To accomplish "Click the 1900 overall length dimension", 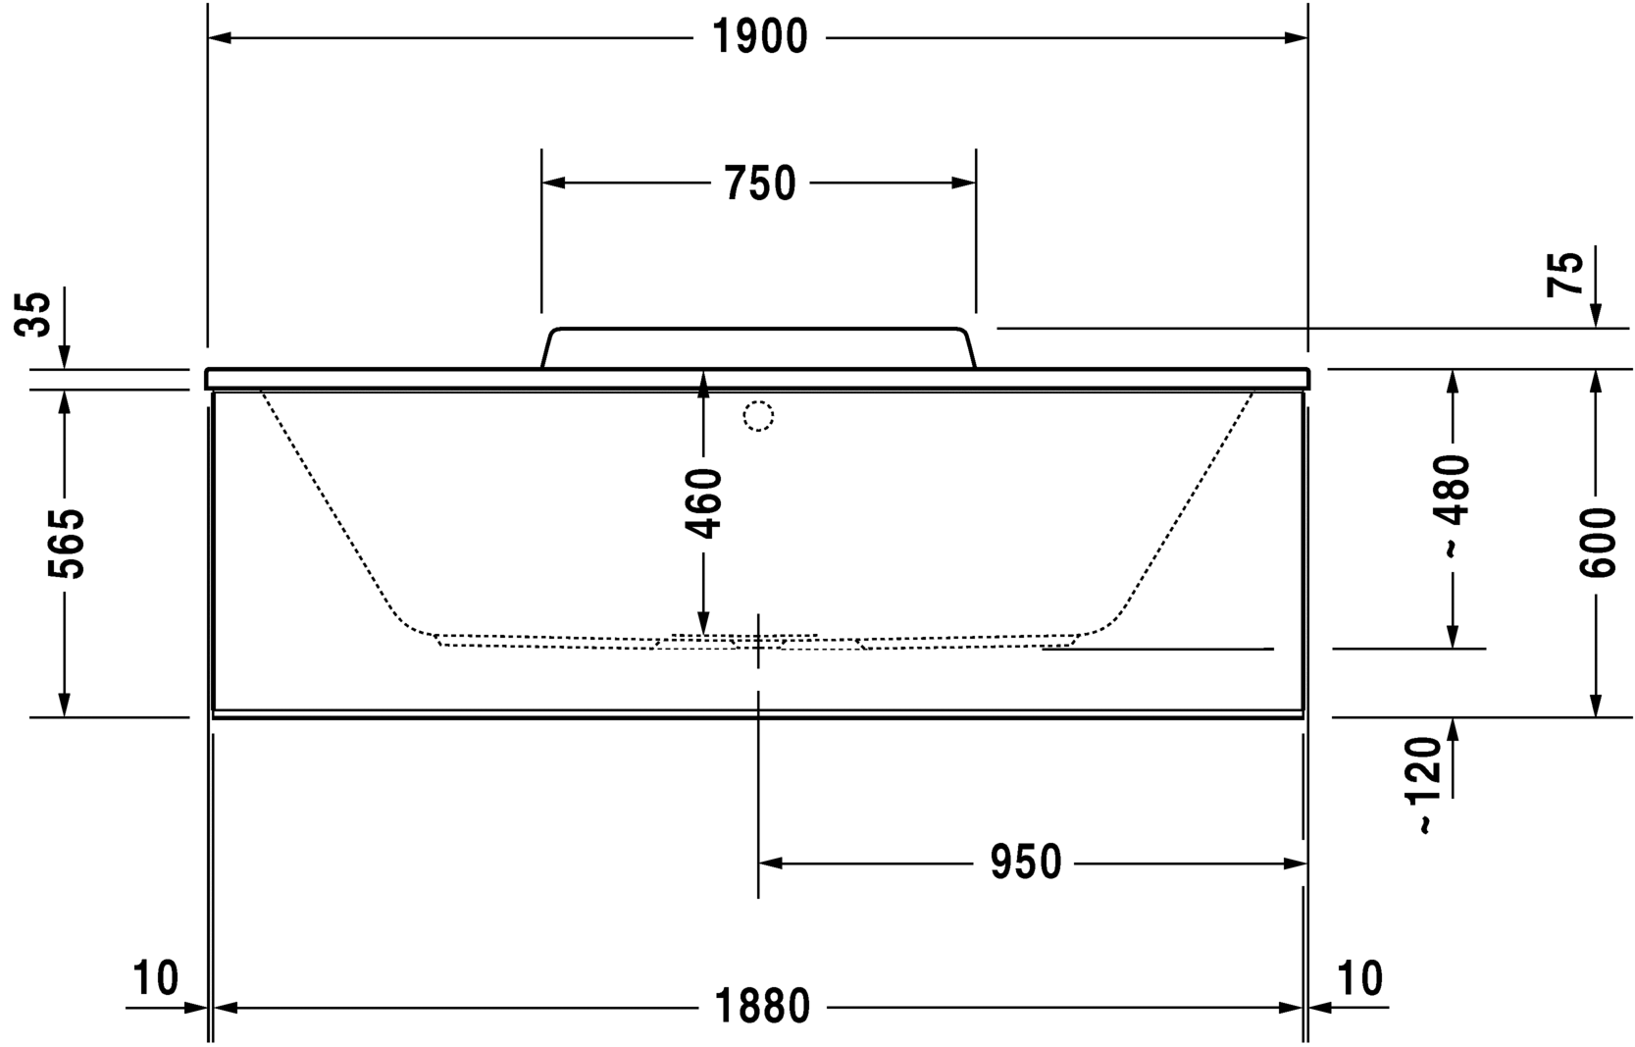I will pos(759,37).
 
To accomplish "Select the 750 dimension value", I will pos(759,183).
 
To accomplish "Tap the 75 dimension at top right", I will pos(1566,274).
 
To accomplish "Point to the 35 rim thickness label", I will pos(36,314).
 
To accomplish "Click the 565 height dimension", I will pos(66,544).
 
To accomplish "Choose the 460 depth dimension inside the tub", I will pos(703,503).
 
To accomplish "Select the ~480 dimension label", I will pos(1454,505).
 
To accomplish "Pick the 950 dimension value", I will pos(1025,863).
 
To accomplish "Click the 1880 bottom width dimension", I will pos(762,1007).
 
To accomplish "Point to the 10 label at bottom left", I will pos(155,978).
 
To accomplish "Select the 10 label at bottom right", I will pos(1359,978).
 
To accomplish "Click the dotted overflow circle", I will pos(758,416).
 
